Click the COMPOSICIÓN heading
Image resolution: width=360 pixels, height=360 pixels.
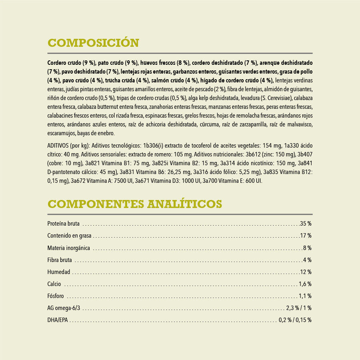(x=93, y=43)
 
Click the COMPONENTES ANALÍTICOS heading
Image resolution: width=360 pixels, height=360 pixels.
(x=134, y=204)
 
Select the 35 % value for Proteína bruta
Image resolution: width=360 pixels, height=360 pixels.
(x=306, y=224)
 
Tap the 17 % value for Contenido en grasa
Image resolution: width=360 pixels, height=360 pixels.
(x=306, y=236)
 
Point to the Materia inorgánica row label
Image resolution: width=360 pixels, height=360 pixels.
(x=68, y=248)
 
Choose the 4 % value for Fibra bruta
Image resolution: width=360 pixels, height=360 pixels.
(x=307, y=260)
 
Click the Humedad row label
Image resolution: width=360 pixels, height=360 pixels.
(x=58, y=272)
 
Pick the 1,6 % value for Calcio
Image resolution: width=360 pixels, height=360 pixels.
(x=305, y=284)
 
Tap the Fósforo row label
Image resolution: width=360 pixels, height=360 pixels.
(x=56, y=296)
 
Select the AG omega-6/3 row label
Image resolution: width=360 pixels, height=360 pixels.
(x=64, y=308)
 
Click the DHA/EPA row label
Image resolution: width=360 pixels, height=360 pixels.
(x=58, y=320)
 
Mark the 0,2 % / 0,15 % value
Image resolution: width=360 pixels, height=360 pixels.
(x=295, y=320)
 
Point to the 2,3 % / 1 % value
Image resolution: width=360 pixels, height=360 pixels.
(x=298, y=308)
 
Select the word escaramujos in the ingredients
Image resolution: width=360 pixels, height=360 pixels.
(x=60, y=133)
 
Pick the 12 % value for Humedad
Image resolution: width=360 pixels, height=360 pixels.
(x=306, y=272)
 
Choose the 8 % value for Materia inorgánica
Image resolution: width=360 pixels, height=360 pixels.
(x=307, y=248)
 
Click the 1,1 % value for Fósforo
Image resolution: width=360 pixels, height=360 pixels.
(x=305, y=296)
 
